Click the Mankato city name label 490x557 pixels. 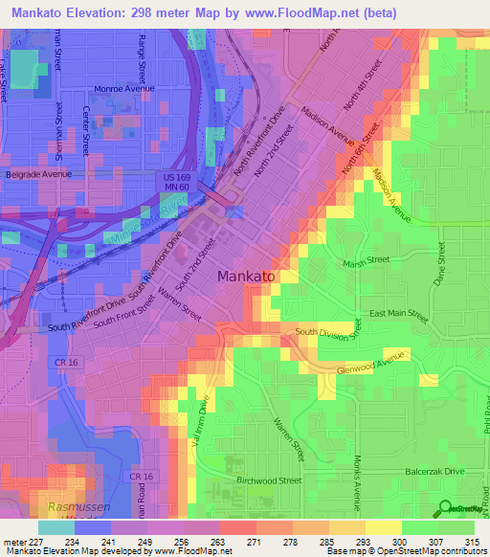click(247, 276)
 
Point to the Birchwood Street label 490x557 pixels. click(269, 481)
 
